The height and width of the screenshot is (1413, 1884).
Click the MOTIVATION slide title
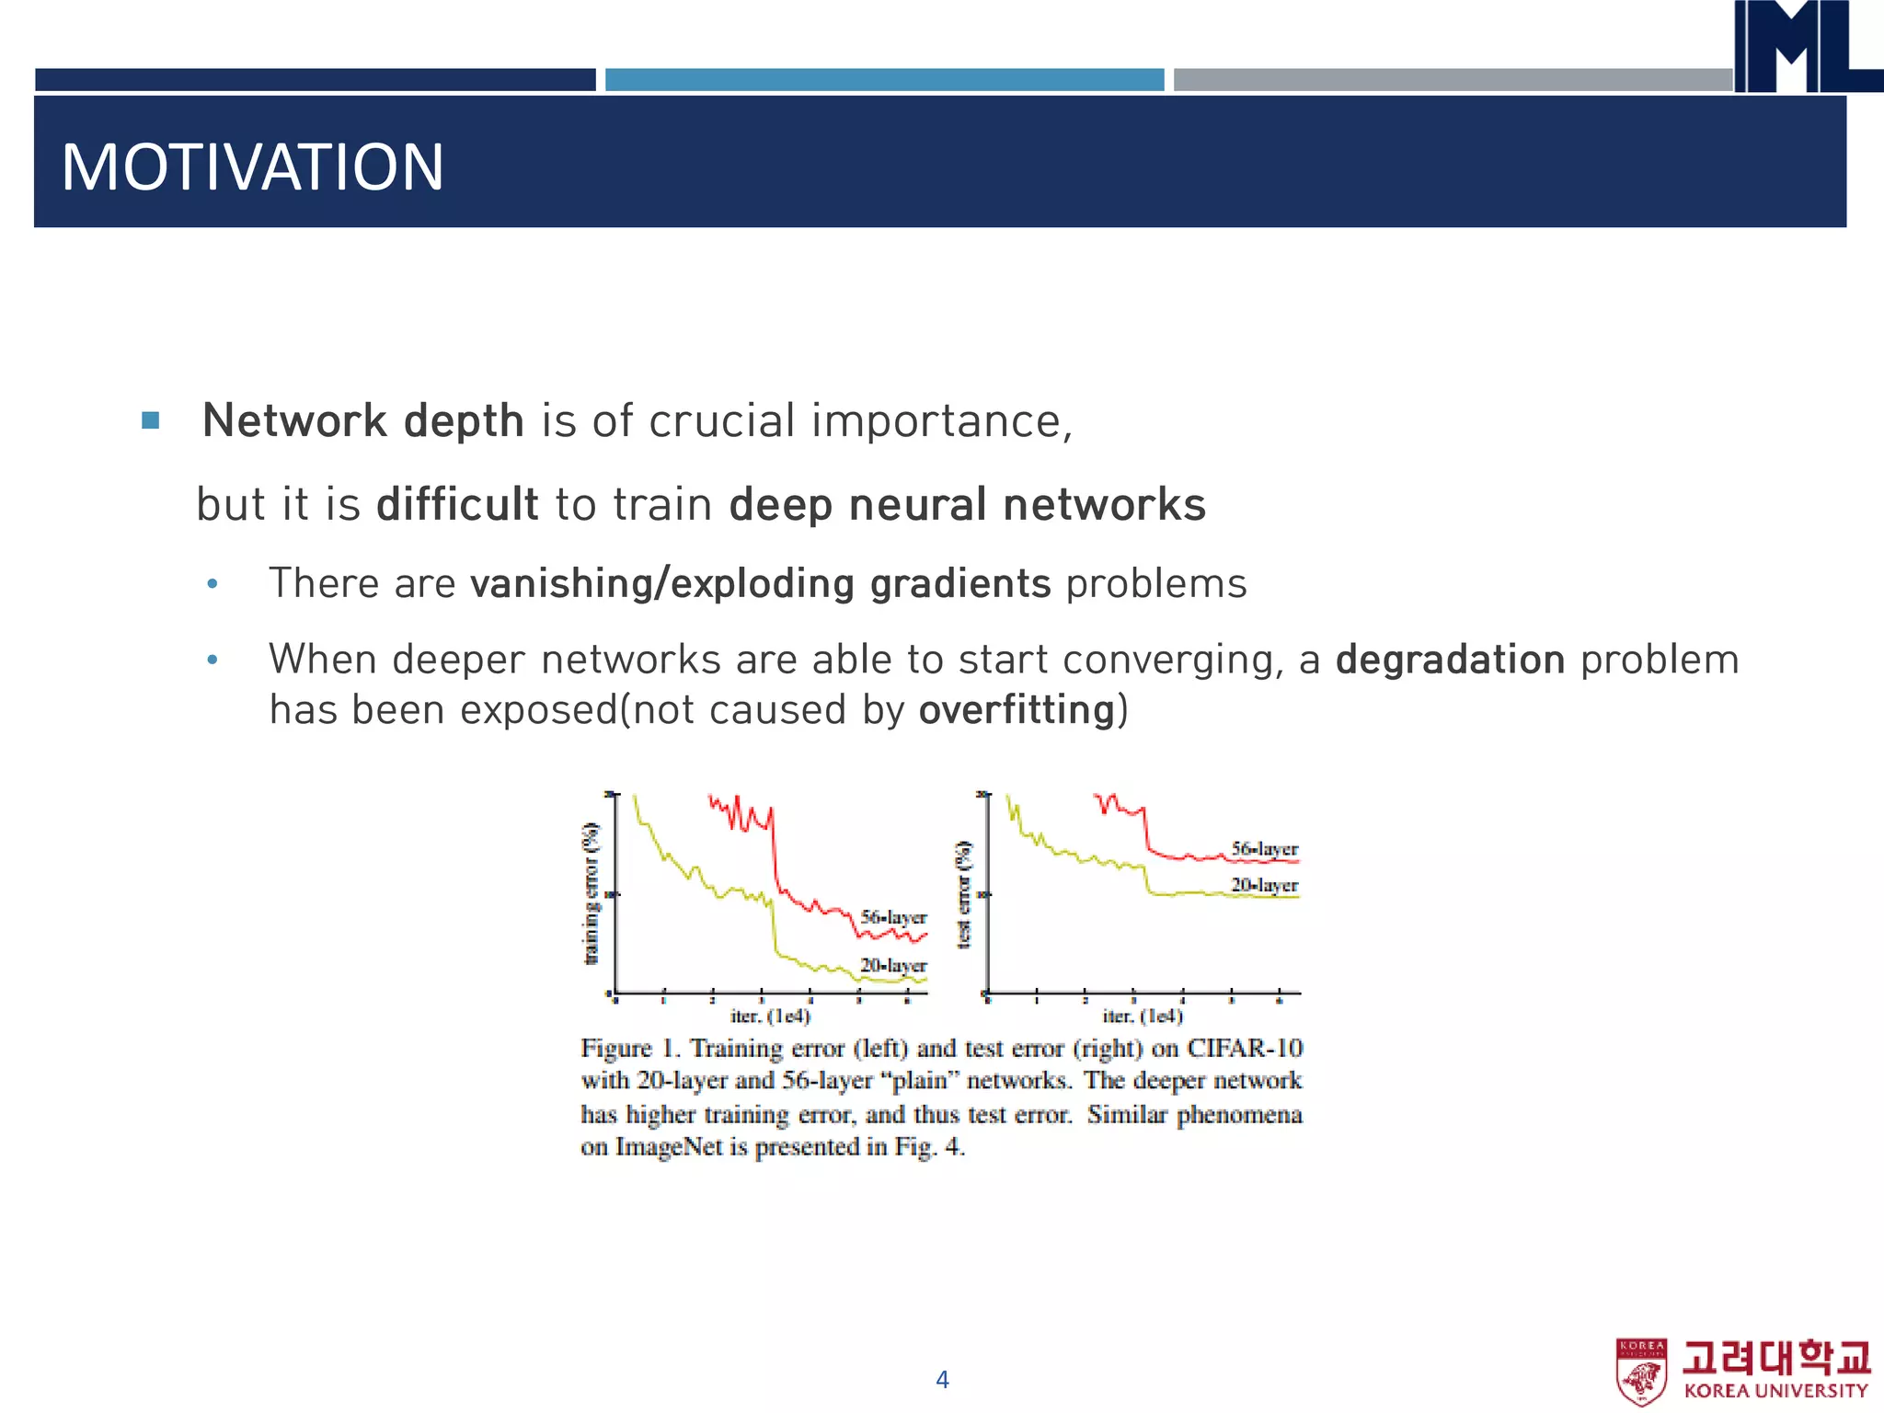coord(252,167)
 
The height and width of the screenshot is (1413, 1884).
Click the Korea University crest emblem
coord(1640,1372)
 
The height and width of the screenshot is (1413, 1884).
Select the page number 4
coord(942,1379)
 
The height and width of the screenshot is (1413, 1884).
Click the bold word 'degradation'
coord(1450,661)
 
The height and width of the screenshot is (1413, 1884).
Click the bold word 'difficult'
coord(457,505)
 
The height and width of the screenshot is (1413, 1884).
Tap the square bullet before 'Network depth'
coord(151,421)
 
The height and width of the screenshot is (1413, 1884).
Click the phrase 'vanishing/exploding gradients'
coord(760,584)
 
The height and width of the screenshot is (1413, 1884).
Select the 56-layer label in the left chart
coord(893,917)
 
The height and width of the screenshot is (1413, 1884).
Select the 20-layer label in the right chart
coord(1264,885)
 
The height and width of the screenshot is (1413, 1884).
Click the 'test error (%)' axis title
coord(964,893)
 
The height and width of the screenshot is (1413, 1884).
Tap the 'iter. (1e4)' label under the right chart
coord(1143,1016)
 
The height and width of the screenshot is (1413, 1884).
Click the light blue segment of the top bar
coord(884,80)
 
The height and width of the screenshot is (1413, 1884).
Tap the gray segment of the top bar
coord(1452,80)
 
